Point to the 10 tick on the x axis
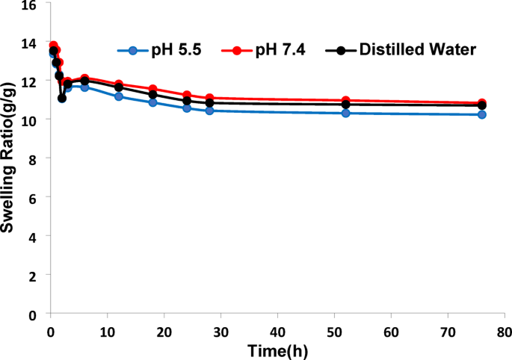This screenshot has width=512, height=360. coord(107,330)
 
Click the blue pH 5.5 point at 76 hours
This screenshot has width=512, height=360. coord(482,114)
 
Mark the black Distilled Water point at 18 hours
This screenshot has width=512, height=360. coord(152,94)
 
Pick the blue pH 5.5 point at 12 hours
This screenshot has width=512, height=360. coord(118,96)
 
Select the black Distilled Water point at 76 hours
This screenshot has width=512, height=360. coord(482,105)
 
